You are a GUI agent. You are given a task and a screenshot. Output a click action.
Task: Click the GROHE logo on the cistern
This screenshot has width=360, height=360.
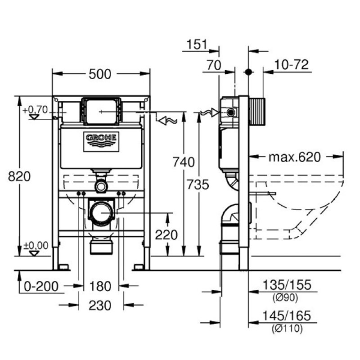[101, 141]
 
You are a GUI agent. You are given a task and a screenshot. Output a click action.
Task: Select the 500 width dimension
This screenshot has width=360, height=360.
[100, 74]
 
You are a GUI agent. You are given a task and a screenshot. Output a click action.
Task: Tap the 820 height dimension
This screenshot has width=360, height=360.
[19, 176]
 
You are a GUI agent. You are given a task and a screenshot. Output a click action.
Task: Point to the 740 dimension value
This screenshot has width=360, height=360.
[184, 162]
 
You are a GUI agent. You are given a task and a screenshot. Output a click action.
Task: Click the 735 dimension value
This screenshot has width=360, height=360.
[198, 184]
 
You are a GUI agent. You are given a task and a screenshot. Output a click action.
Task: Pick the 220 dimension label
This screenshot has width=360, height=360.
[166, 235]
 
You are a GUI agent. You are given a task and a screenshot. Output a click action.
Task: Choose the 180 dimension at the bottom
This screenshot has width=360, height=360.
[100, 286]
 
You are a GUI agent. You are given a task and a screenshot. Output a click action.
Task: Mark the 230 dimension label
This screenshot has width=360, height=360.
[100, 306]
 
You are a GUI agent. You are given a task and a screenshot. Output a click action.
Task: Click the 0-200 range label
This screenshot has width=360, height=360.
[41, 286]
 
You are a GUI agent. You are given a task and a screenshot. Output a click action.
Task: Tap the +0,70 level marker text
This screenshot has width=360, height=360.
[35, 110]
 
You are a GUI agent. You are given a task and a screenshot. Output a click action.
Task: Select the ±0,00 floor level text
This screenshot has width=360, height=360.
[36, 245]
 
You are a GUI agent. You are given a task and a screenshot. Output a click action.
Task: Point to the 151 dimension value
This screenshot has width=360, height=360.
[197, 44]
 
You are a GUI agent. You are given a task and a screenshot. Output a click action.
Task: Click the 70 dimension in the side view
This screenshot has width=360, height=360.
[214, 65]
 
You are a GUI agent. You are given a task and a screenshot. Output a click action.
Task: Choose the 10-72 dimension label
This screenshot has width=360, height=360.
[292, 64]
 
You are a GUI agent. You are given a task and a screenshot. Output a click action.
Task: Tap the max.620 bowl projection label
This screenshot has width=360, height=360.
[295, 157]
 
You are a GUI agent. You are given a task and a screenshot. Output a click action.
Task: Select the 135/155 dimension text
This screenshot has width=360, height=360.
[287, 285]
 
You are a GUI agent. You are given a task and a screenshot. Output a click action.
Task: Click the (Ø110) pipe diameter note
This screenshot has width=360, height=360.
[287, 328]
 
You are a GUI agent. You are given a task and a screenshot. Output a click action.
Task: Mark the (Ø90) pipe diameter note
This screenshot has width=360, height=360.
[285, 297]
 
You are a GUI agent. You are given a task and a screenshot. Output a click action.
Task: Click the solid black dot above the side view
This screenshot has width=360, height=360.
[248, 72]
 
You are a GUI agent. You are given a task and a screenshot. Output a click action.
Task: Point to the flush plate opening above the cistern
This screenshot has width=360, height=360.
[101, 112]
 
